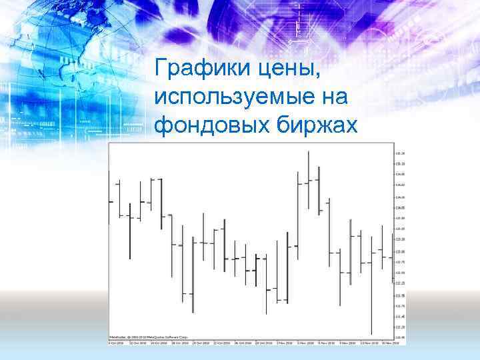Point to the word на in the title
[x=335, y=97]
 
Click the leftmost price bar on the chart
[x=110, y=200]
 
